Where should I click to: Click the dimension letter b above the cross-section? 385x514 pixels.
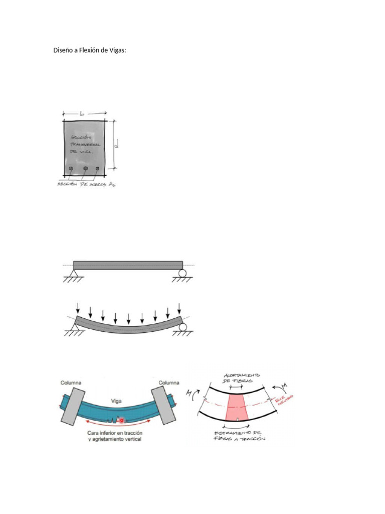click(81, 114)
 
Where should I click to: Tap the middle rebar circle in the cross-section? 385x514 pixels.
click(86, 169)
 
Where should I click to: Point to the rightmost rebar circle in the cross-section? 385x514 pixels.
click(100, 169)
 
